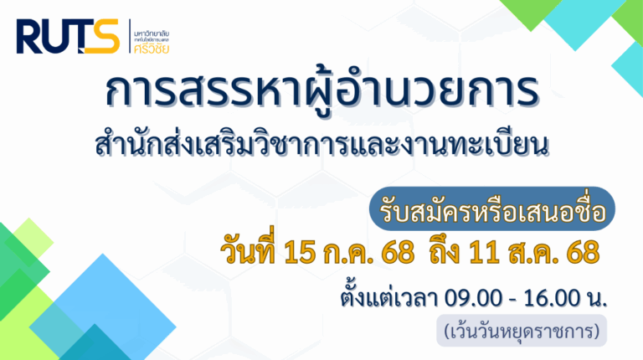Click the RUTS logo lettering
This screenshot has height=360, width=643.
[x=68, y=36]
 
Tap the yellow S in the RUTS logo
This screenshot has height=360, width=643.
[x=103, y=36]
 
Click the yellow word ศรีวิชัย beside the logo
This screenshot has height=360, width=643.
[x=152, y=49]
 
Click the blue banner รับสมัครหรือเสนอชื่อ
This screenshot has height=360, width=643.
[x=492, y=208]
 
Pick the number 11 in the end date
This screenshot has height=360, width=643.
[x=484, y=252]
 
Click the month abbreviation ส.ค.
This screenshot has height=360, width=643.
[x=534, y=253]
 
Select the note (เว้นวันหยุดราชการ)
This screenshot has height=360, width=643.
[x=522, y=331]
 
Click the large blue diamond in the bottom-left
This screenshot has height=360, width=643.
[x=102, y=311]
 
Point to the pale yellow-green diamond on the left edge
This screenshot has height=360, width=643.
[x=29, y=242]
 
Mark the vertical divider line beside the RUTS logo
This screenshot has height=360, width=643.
[x=130, y=36]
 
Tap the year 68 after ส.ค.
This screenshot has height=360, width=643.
[x=583, y=252]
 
